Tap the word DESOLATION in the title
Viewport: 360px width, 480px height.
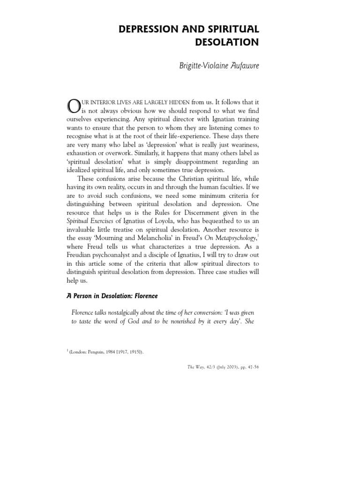225,43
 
